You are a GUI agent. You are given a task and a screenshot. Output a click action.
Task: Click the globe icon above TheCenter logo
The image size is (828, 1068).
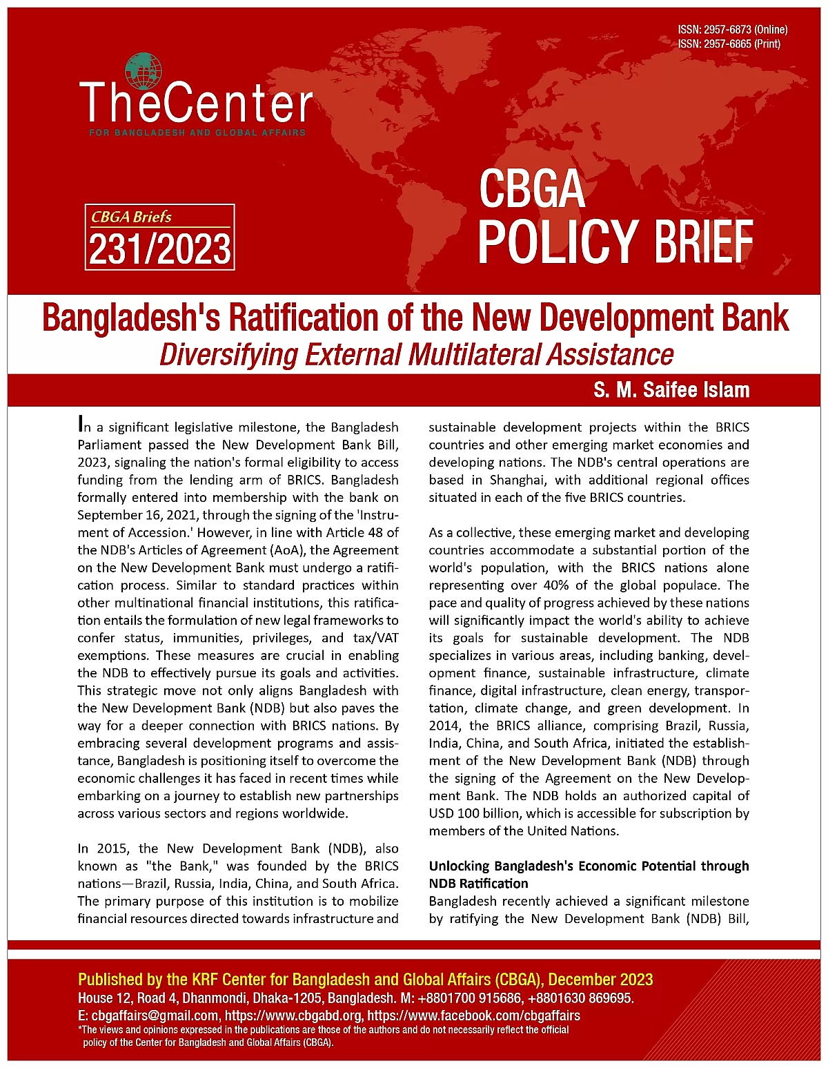click(x=144, y=72)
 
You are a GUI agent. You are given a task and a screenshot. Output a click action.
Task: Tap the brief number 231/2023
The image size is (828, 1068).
click(x=159, y=249)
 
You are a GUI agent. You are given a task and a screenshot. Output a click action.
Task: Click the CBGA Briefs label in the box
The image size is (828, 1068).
click(x=131, y=217)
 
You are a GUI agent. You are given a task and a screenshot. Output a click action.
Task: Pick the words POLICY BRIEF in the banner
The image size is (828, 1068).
click(x=615, y=241)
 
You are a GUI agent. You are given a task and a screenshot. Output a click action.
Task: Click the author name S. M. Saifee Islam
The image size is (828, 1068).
click(x=671, y=390)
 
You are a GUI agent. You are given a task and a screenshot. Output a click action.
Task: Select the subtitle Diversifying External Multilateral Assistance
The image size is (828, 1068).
click(x=416, y=355)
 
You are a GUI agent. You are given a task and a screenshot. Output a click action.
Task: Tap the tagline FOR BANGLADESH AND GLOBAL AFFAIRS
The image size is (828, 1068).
click(x=197, y=132)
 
